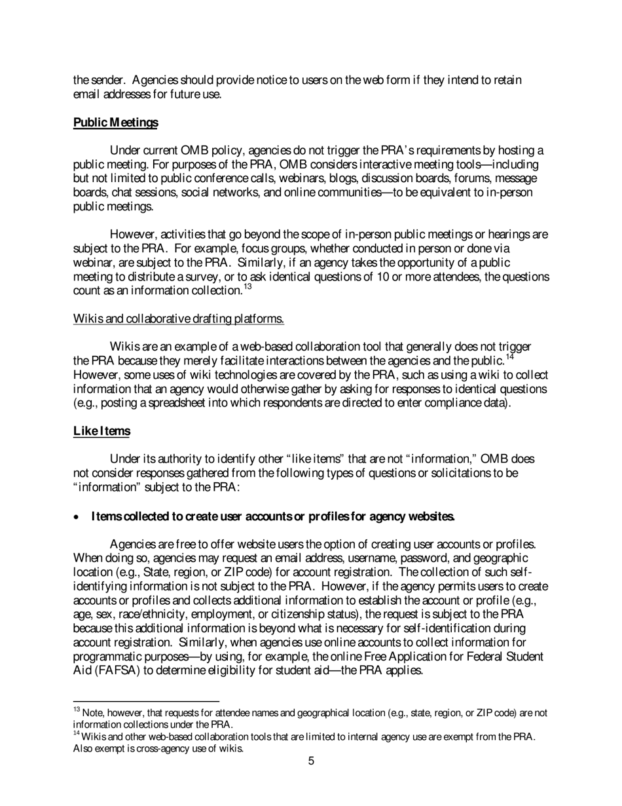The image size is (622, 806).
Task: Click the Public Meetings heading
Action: (116, 123)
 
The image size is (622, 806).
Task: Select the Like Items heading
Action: (101, 431)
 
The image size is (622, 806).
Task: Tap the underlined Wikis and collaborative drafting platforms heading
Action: (178, 319)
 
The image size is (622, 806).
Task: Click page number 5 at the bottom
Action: (311, 761)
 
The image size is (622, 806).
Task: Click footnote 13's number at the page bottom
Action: (77, 710)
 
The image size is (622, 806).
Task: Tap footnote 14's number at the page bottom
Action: (77, 734)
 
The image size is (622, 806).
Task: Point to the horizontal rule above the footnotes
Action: (146, 701)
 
